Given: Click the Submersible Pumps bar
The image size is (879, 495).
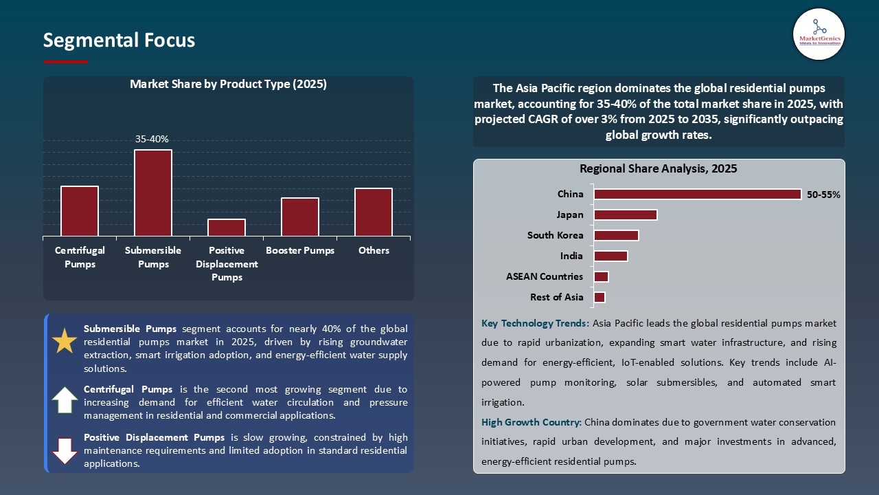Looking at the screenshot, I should (x=152, y=193).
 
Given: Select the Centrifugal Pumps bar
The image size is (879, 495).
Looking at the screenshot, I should (x=80, y=211).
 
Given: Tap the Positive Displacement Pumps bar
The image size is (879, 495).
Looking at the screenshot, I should (x=227, y=228).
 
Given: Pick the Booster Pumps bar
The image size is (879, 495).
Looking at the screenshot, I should (x=300, y=217).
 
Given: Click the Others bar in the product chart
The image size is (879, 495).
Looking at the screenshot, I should (x=374, y=212).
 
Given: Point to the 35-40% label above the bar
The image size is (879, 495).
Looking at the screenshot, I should (x=152, y=139).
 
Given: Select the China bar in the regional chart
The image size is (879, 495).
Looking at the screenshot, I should (x=697, y=195).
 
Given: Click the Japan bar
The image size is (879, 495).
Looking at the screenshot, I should (x=625, y=215).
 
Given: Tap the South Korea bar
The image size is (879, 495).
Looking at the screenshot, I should (x=616, y=235).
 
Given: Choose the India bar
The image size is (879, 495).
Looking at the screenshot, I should (x=610, y=256).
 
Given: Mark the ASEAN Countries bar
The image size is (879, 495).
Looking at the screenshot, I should (x=601, y=277).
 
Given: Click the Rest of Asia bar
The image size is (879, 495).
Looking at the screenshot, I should (x=600, y=298).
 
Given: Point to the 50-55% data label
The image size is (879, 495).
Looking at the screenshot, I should (x=823, y=195).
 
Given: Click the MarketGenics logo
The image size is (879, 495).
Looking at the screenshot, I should (x=819, y=34).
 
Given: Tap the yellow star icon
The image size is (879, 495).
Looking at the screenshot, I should (x=65, y=342).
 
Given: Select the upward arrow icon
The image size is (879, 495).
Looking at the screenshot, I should (x=65, y=399).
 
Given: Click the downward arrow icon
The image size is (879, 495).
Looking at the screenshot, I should (x=65, y=450).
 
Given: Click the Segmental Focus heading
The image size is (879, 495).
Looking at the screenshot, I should (x=119, y=41).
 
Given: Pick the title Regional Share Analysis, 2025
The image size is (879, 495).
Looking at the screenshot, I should (x=658, y=168).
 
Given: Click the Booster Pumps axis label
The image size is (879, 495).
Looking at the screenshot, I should (x=300, y=251).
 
